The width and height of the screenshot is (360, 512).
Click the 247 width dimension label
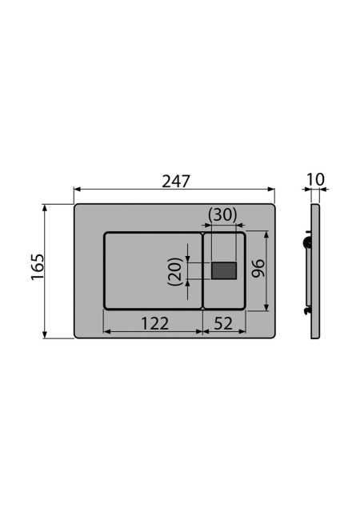click(x=176, y=182)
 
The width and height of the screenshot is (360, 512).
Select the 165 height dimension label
click(x=38, y=266)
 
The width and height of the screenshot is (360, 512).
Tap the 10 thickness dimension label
click(x=315, y=179)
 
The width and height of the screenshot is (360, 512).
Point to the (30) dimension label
click(x=222, y=215)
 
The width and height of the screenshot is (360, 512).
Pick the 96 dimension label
click(x=258, y=268)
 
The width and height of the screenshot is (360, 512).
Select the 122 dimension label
click(x=154, y=323)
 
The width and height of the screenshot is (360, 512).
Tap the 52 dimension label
click(x=223, y=323)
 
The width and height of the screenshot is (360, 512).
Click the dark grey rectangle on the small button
click(x=224, y=270)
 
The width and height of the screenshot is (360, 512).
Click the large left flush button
click(x=153, y=270)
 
